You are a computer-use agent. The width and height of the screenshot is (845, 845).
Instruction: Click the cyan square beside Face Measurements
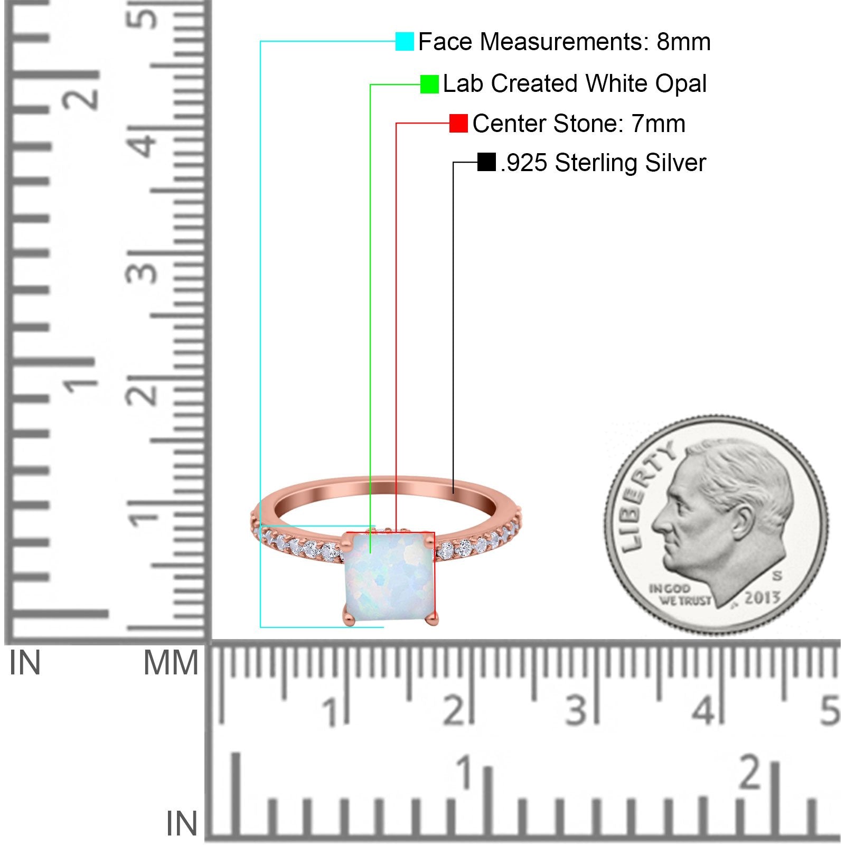tap(405, 41)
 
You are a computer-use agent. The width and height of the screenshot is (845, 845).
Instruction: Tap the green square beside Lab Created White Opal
tap(429, 84)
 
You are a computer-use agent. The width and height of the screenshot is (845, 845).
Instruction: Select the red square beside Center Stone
tap(458, 124)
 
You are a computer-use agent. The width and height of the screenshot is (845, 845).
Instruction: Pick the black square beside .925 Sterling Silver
tap(486, 162)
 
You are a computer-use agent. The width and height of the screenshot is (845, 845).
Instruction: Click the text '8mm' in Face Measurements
tap(684, 42)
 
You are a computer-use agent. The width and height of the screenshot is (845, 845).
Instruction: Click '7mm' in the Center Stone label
tap(659, 124)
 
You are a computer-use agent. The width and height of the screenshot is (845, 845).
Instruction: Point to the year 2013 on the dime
tap(762, 597)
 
